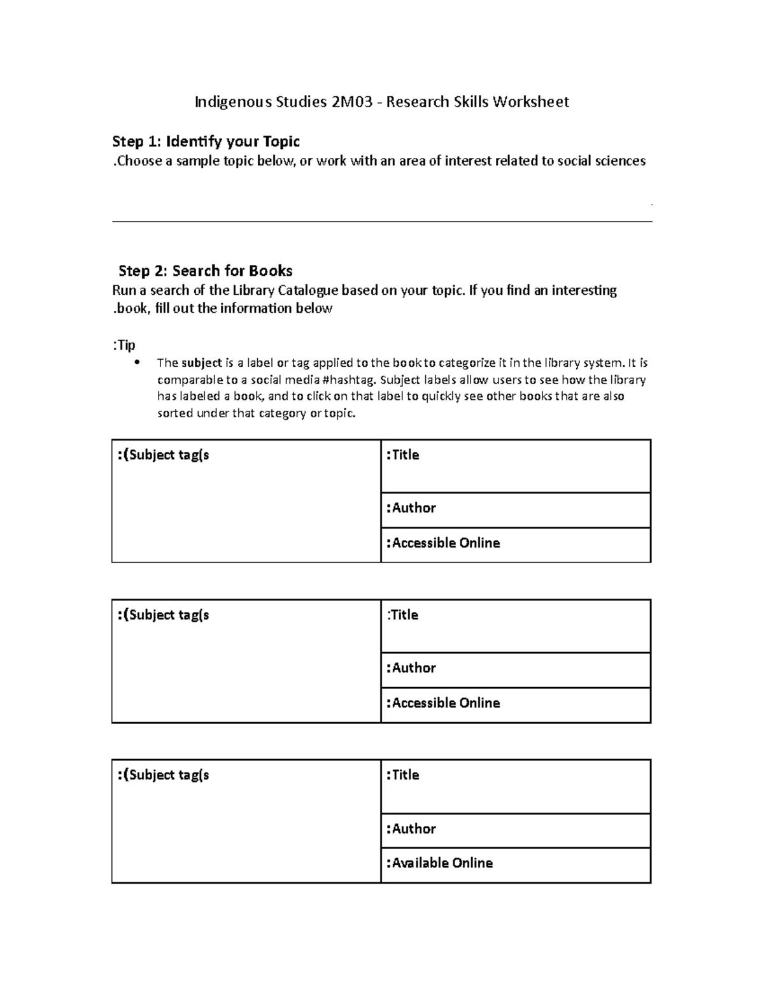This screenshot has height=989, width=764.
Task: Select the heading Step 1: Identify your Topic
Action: (x=206, y=141)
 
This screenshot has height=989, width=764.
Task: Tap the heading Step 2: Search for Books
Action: (x=206, y=271)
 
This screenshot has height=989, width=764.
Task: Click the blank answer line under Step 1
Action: (x=382, y=221)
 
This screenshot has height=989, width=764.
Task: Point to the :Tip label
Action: (x=124, y=345)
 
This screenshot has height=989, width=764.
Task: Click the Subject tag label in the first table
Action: (x=164, y=455)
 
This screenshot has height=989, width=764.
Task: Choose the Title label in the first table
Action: (x=402, y=455)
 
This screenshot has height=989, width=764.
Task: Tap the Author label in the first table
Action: (x=411, y=508)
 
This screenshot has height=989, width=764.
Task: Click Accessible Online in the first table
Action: (x=443, y=543)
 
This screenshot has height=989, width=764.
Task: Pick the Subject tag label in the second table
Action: (x=164, y=615)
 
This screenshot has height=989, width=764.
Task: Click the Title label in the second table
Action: (x=402, y=615)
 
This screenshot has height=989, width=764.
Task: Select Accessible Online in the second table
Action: (x=443, y=703)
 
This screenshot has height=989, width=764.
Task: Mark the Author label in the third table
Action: (x=411, y=829)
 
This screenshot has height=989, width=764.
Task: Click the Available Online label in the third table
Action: (x=439, y=864)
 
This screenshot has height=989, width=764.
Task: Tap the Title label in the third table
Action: (x=402, y=775)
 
